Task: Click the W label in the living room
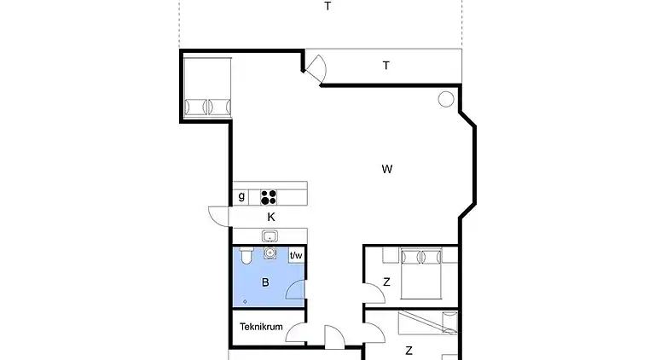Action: pos(386,169)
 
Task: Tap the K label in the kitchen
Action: pos(270,217)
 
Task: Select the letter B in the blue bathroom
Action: pos(265,282)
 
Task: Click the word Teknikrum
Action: pos(260,327)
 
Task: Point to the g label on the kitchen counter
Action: pos(242,196)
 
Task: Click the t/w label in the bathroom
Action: pos(296,255)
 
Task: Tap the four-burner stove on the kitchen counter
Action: pos(270,197)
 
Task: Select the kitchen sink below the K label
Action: pos(270,236)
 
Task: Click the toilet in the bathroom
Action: pos(246,255)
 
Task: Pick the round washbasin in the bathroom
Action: pos(270,253)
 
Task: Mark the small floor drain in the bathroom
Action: pos(245,301)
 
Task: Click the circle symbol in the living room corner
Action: pos(445,99)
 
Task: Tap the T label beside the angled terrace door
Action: pos(386,65)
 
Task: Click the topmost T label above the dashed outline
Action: pos(327,6)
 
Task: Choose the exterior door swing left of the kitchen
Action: pos(219,217)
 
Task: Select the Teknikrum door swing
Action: pos(297,334)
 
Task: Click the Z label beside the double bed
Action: pos(386,282)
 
